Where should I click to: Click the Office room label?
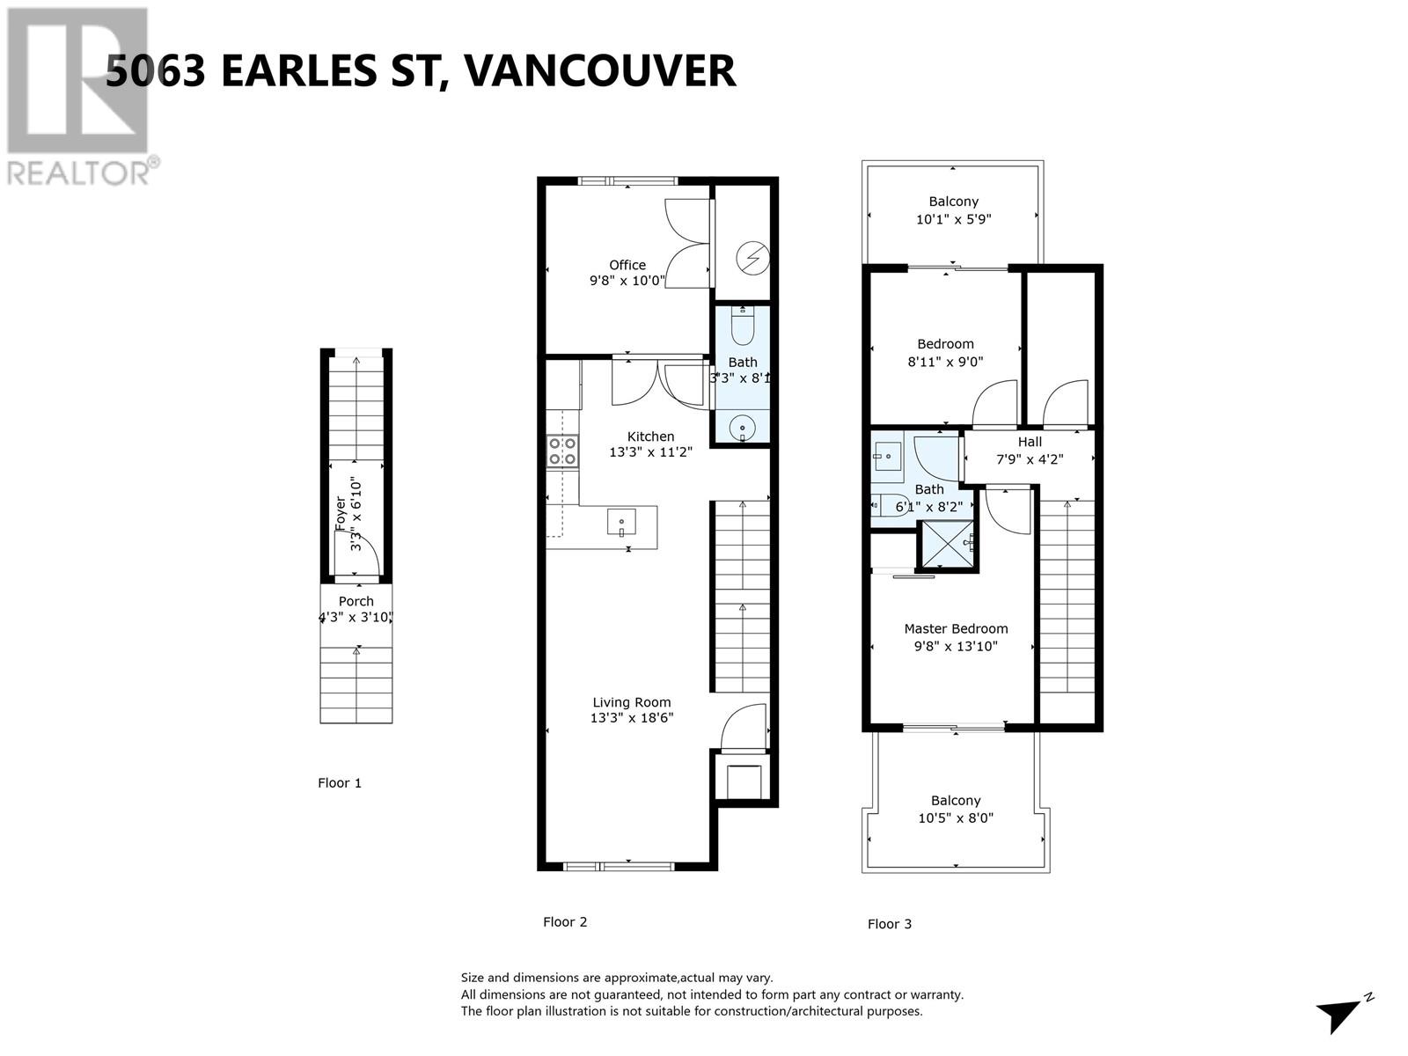click(627, 265)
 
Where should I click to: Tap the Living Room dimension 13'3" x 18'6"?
click(632, 718)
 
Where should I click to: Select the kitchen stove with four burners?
click(563, 451)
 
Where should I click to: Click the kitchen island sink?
click(621, 523)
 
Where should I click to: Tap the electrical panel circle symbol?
click(753, 257)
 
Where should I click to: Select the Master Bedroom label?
click(956, 628)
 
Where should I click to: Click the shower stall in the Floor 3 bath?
click(947, 546)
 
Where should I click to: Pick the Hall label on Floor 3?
click(1030, 442)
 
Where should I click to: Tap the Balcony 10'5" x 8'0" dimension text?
click(955, 818)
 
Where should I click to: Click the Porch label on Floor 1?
click(356, 601)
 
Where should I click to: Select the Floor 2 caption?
click(565, 922)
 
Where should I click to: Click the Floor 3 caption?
click(890, 924)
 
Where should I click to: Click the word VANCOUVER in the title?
click(598, 70)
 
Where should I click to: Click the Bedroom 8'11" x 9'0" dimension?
click(945, 361)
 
